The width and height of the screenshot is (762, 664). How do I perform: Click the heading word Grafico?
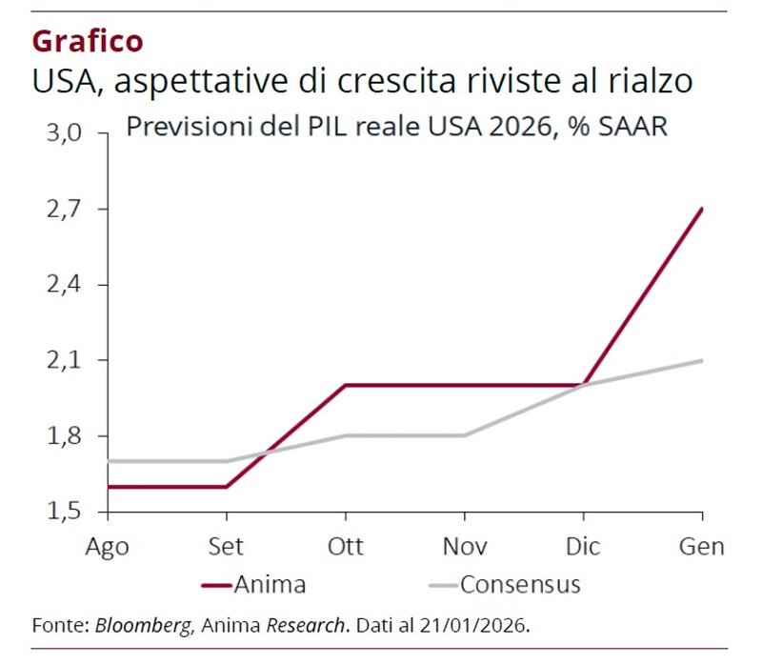pyautogui.click(x=88, y=41)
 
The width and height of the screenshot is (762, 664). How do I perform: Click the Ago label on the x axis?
pyautogui.click(x=108, y=547)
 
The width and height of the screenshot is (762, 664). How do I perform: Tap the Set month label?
pyautogui.click(x=226, y=547)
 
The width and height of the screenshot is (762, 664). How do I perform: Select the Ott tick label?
pyautogui.click(x=345, y=547)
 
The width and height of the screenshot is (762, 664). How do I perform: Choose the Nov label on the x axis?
pyautogui.click(x=464, y=547)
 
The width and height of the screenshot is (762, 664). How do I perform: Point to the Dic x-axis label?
pyautogui.click(x=583, y=547)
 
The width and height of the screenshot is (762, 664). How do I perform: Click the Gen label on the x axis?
pyautogui.click(x=702, y=547)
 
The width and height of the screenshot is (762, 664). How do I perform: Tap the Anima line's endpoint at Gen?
pyautogui.click(x=702, y=209)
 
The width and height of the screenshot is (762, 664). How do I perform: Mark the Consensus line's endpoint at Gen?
pyautogui.click(x=702, y=360)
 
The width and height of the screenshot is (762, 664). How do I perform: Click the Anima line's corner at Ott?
pyautogui.click(x=345, y=385)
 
